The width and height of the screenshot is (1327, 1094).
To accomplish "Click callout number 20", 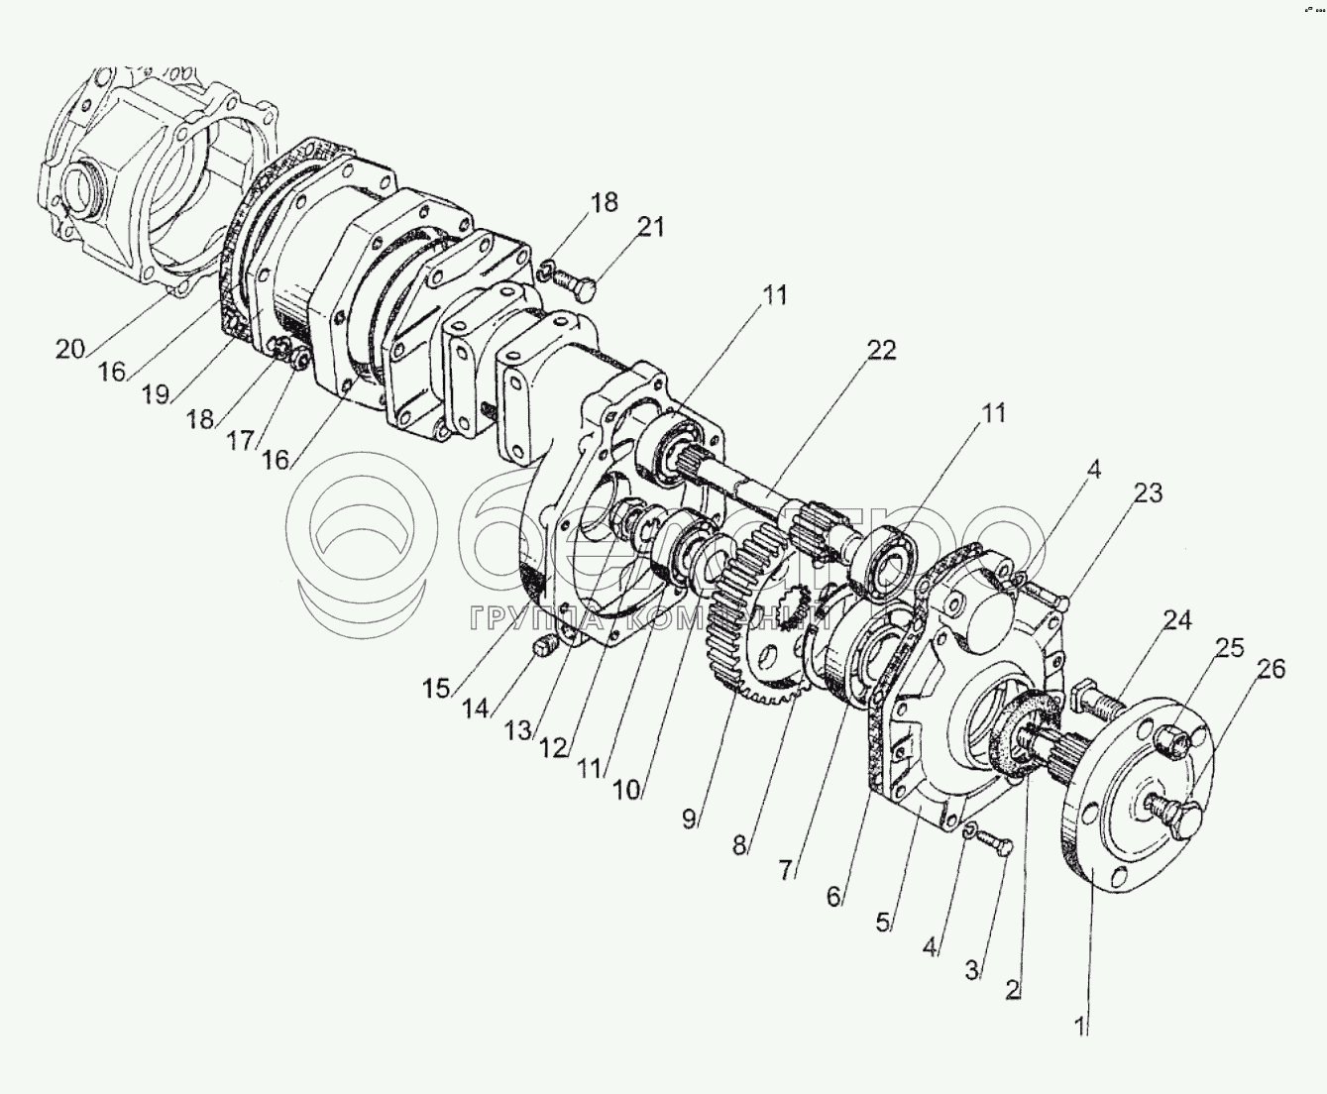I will click(70, 349).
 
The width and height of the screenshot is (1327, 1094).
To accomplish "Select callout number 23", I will click(1149, 492).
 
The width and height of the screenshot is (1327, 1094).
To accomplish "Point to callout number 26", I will click(1272, 669).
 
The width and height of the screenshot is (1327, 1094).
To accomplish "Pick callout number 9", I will click(691, 818).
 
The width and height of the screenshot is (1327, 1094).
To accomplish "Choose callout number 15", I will click(436, 688).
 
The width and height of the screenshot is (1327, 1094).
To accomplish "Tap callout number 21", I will click(650, 228).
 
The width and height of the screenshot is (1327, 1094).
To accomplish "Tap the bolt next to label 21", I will click(578, 286).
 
